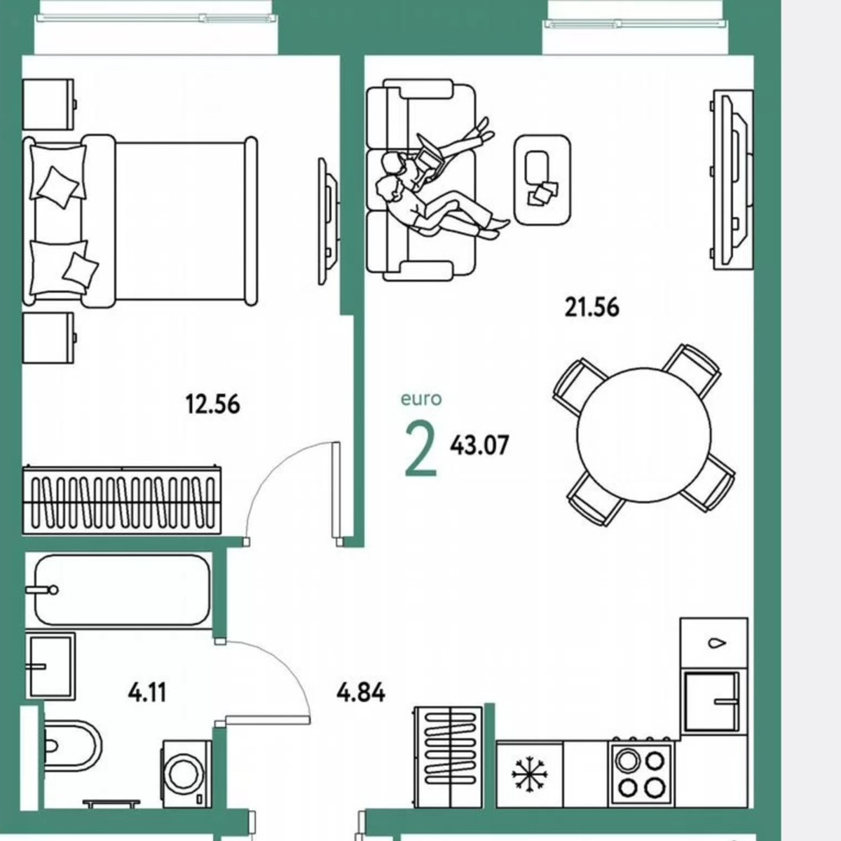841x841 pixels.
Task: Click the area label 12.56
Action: pyautogui.click(x=212, y=404)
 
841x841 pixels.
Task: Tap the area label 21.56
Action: pyautogui.click(x=592, y=307)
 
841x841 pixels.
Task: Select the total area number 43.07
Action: pyautogui.click(x=479, y=445)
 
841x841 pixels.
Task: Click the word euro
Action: pyautogui.click(x=421, y=399)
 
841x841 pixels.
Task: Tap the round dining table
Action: pyautogui.click(x=643, y=435)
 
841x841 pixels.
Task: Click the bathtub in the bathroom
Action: pyautogui.click(x=123, y=590)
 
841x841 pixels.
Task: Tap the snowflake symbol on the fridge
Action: pyautogui.click(x=529, y=775)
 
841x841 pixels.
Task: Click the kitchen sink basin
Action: pyautogui.click(x=711, y=701)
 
